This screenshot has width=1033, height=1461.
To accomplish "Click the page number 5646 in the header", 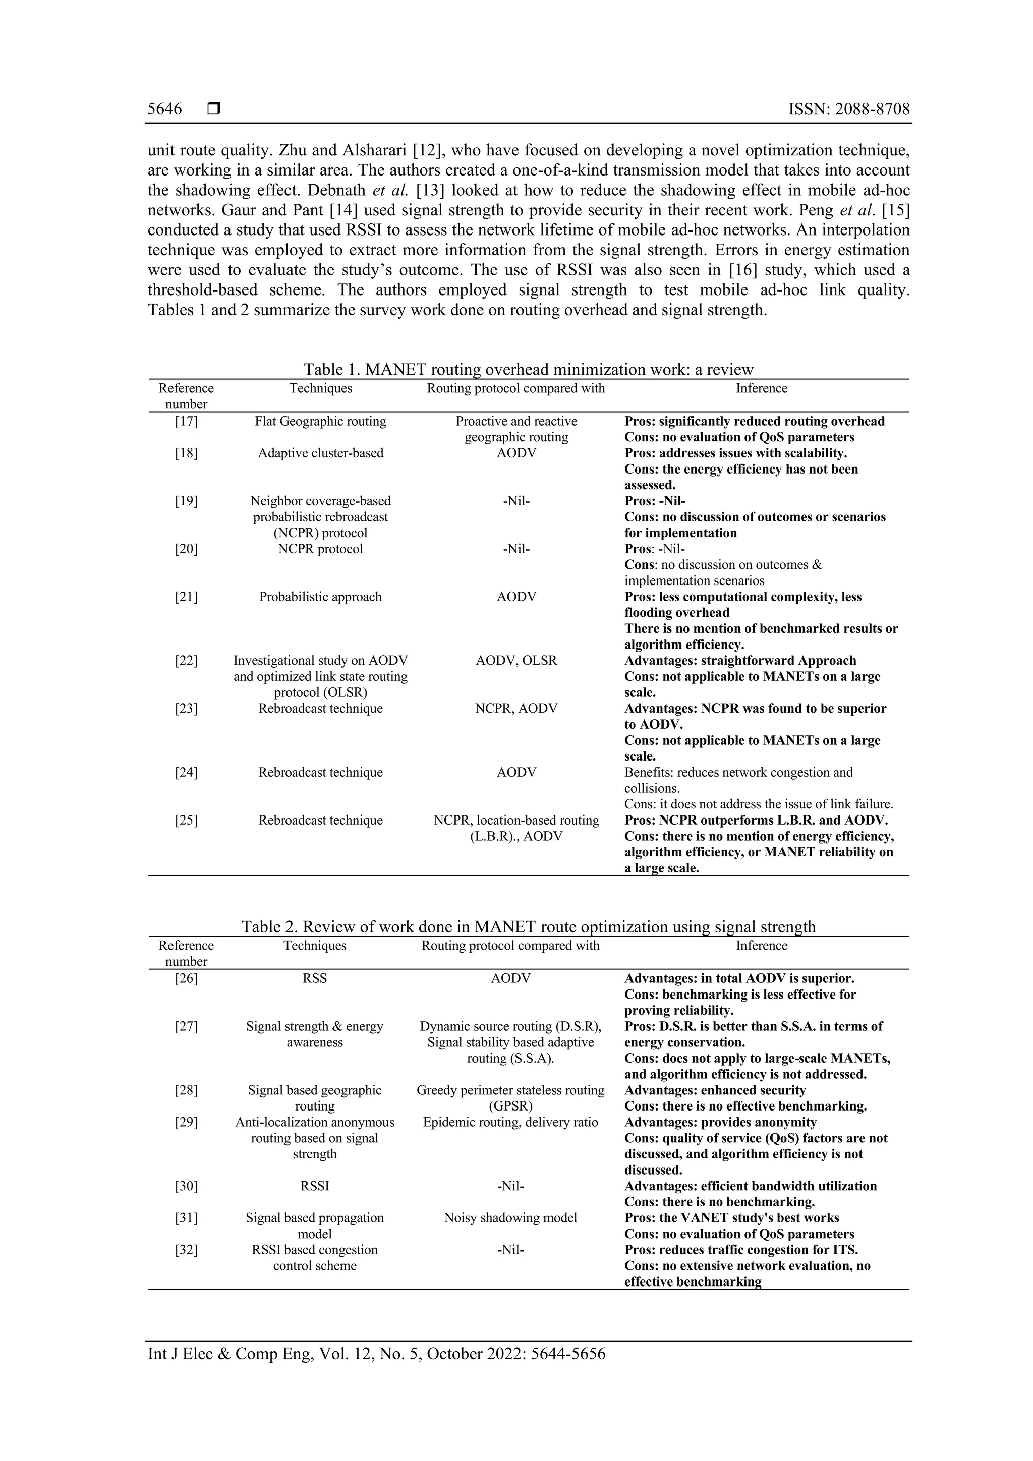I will click(x=164, y=109).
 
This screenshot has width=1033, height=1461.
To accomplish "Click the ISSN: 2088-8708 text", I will click(x=848, y=109).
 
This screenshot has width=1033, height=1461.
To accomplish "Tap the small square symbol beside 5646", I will click(x=214, y=109).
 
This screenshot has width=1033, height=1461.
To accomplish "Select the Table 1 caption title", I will click(x=528, y=369).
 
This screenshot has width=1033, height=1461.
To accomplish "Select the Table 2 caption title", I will click(x=528, y=926).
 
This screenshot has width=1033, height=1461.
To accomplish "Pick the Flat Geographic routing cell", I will click(x=320, y=421).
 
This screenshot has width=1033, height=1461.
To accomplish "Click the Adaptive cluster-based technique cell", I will click(x=320, y=453).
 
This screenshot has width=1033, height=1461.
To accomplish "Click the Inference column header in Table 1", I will click(x=761, y=388).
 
